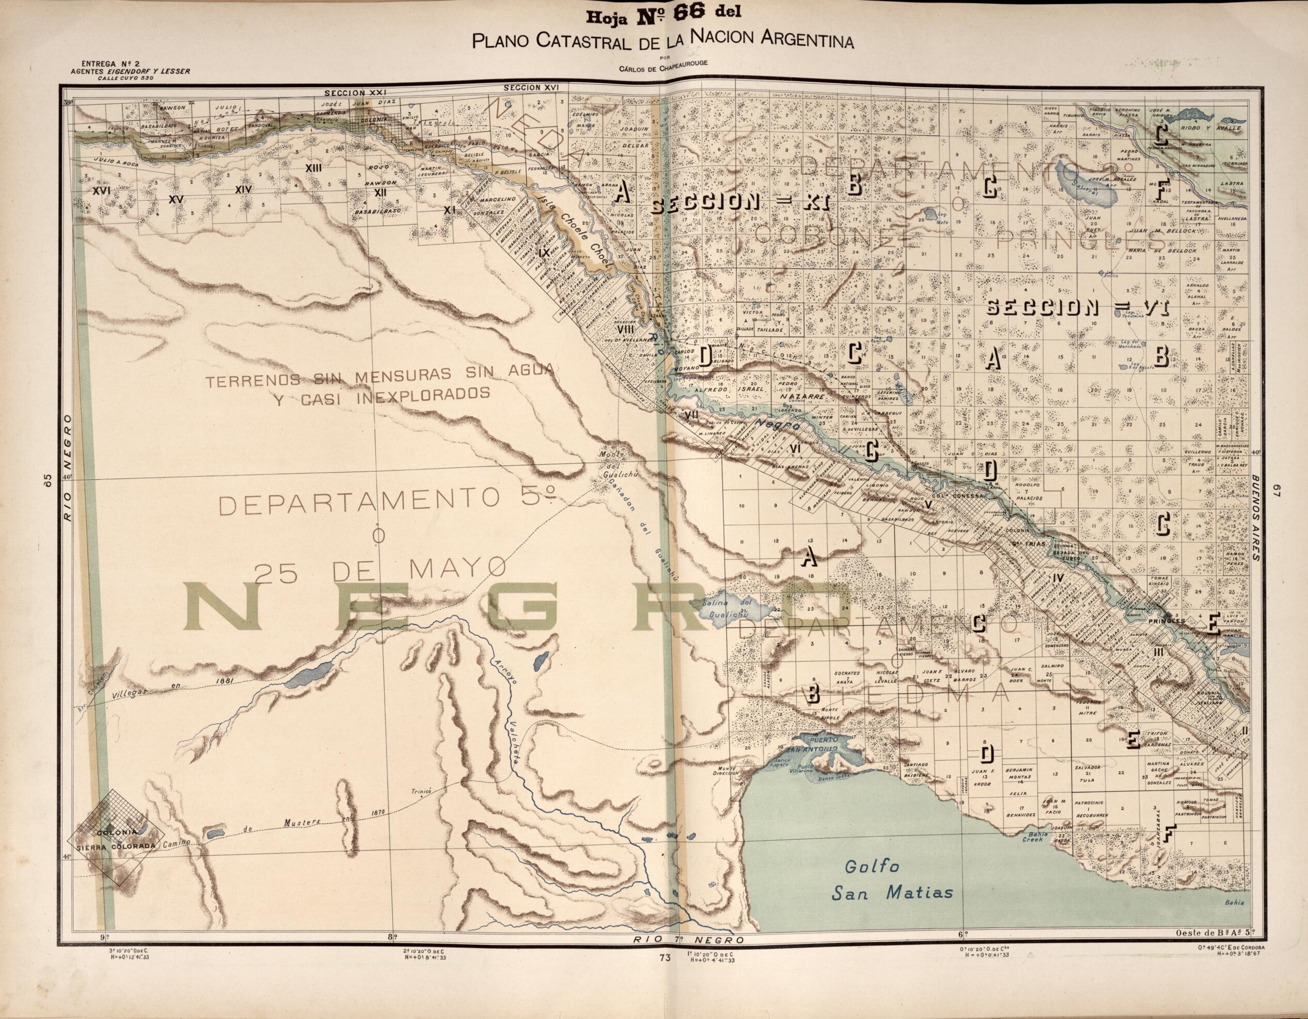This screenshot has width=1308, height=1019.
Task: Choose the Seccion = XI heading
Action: [739, 205]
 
